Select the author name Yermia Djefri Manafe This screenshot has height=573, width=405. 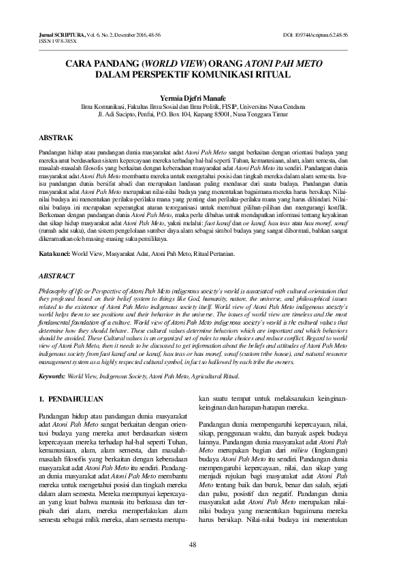[x=202, y=97]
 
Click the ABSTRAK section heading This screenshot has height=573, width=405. [x=53, y=137]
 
